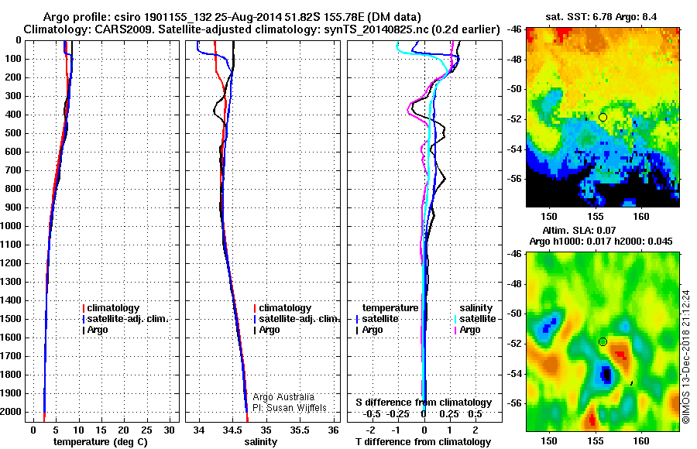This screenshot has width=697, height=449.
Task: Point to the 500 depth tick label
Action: pyautogui.click(x=13, y=133)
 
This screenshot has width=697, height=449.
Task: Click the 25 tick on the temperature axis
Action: pyautogui.click(x=147, y=429)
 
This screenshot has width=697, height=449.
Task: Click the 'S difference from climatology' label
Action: pyautogui.click(x=424, y=403)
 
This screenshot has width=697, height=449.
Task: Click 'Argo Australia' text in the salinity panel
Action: pyautogui.click(x=283, y=397)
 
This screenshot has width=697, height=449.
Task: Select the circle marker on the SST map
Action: pyautogui.click(x=603, y=117)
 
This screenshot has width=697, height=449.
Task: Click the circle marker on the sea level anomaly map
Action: pyautogui.click(x=603, y=341)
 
